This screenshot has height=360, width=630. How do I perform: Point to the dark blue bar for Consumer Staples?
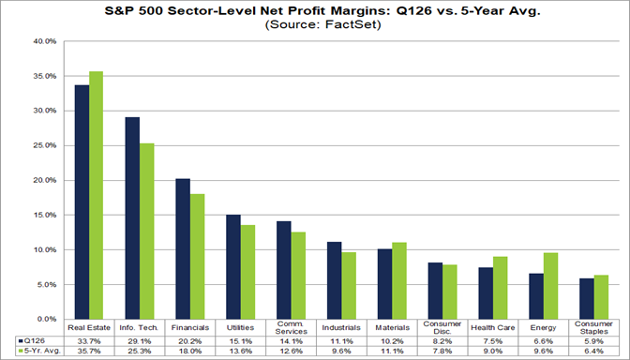click(x=586, y=298)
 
